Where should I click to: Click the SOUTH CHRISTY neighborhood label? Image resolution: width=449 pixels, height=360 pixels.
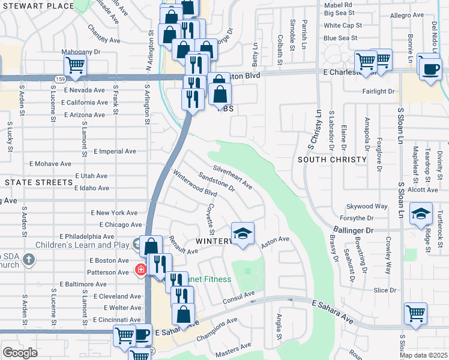(332, 160)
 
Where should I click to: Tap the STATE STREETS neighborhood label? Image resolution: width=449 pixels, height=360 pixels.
(38, 182)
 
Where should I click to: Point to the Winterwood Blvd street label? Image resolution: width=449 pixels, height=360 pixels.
(194, 184)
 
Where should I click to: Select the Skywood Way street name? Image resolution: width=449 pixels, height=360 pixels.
(367, 206)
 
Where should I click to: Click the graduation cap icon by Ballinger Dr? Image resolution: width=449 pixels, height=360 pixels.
(421, 214)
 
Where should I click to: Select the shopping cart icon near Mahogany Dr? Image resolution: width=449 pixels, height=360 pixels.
(75, 65)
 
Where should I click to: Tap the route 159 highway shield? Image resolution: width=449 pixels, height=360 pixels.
(59, 79)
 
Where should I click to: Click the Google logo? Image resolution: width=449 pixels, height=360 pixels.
(20, 352)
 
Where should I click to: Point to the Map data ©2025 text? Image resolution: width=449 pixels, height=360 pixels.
(423, 355)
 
